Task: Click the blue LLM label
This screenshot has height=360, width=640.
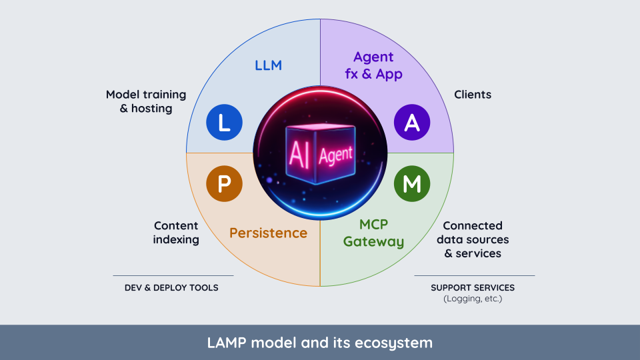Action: pos(268,65)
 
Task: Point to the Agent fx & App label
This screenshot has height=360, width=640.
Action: pos(373,65)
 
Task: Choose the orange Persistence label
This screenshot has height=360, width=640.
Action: pos(268,233)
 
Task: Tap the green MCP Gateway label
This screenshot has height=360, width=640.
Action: pos(373,233)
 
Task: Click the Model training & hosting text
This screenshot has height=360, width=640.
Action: pos(146,101)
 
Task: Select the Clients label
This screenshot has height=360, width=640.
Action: pos(473,95)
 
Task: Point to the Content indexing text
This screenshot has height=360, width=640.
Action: pos(176,233)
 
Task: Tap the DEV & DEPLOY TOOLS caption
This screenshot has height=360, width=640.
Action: pos(171,287)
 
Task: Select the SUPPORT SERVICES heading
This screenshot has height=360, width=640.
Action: pos(473,287)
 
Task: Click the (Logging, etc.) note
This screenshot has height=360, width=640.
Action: pos(473,299)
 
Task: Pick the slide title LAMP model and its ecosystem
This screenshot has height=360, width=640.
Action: pos(320,343)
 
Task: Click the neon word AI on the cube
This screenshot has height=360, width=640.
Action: pos(298,153)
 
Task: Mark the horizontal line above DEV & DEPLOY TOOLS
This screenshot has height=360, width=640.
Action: pos(173,275)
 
